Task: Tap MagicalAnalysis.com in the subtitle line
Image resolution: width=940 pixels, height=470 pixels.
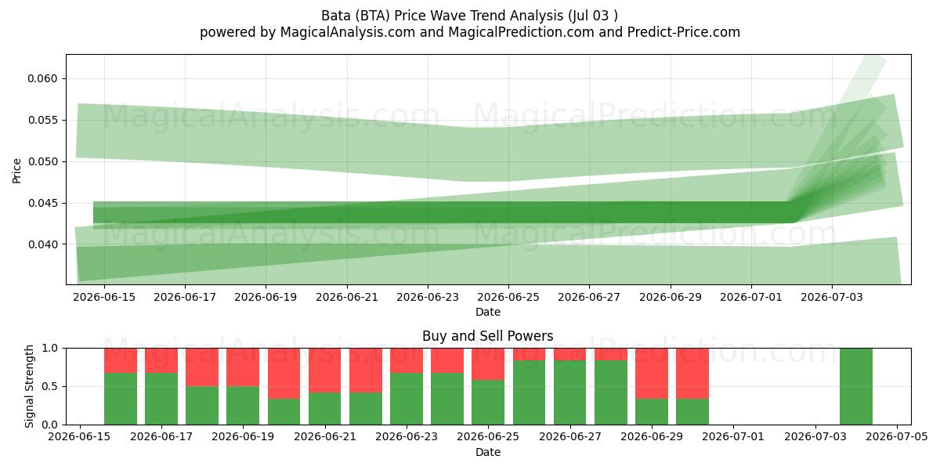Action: click(348, 32)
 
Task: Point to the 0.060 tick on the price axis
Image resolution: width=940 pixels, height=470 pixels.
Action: click(42, 78)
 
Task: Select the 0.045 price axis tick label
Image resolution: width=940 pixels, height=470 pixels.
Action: click(42, 203)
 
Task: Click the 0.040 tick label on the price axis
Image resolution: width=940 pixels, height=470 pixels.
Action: click(42, 244)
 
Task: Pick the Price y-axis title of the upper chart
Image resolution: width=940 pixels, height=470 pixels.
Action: click(16, 171)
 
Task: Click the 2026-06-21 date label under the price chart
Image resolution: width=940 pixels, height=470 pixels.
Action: click(347, 297)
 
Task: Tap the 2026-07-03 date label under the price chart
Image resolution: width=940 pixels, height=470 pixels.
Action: click(832, 297)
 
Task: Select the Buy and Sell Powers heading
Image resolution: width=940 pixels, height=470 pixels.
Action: click(487, 336)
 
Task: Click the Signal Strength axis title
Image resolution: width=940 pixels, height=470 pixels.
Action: click(29, 386)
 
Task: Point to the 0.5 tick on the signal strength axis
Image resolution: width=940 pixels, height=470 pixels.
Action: click(50, 386)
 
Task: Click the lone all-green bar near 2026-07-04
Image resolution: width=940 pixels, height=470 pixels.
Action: click(856, 386)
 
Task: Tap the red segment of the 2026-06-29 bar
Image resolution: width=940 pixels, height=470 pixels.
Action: click(652, 373)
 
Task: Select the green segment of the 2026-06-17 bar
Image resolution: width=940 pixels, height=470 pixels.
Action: click(161, 399)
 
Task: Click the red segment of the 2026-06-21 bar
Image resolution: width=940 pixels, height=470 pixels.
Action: click(325, 370)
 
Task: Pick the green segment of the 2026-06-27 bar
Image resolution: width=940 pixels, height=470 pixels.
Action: click(570, 392)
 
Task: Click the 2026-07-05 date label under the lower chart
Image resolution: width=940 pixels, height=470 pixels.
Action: click(897, 437)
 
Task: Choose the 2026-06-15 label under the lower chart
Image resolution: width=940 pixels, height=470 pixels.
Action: click(79, 437)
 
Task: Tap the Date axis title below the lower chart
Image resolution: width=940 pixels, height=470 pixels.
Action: click(487, 452)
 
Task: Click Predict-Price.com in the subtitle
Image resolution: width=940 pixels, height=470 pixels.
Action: click(684, 32)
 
